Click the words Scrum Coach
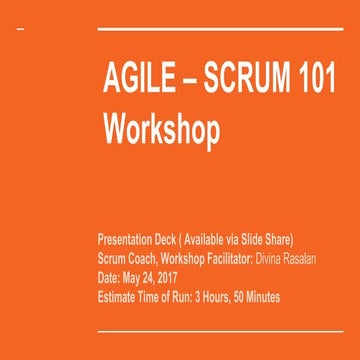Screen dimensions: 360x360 [123, 258]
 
